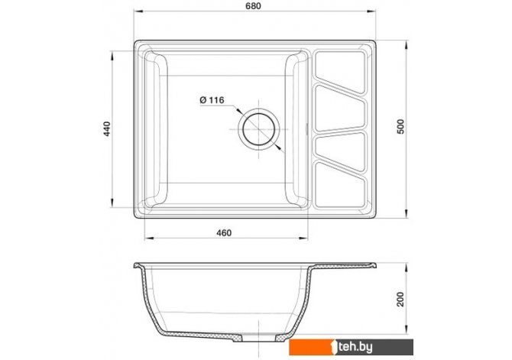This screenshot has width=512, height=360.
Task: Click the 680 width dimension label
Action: [x=253, y=6]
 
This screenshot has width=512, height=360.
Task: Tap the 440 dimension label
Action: [x=108, y=128]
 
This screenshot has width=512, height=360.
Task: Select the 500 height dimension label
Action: [x=400, y=127]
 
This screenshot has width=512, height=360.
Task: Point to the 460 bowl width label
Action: [x=224, y=233]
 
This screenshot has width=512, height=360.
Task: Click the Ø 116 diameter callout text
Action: [x=212, y=100]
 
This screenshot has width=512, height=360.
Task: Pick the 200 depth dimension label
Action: [x=400, y=300]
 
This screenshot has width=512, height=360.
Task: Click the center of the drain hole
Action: [x=259, y=129]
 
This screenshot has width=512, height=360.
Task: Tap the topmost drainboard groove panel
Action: [x=340, y=72]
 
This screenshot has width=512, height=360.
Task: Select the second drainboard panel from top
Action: [x=339, y=109]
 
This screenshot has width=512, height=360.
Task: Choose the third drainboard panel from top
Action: [x=340, y=151]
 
